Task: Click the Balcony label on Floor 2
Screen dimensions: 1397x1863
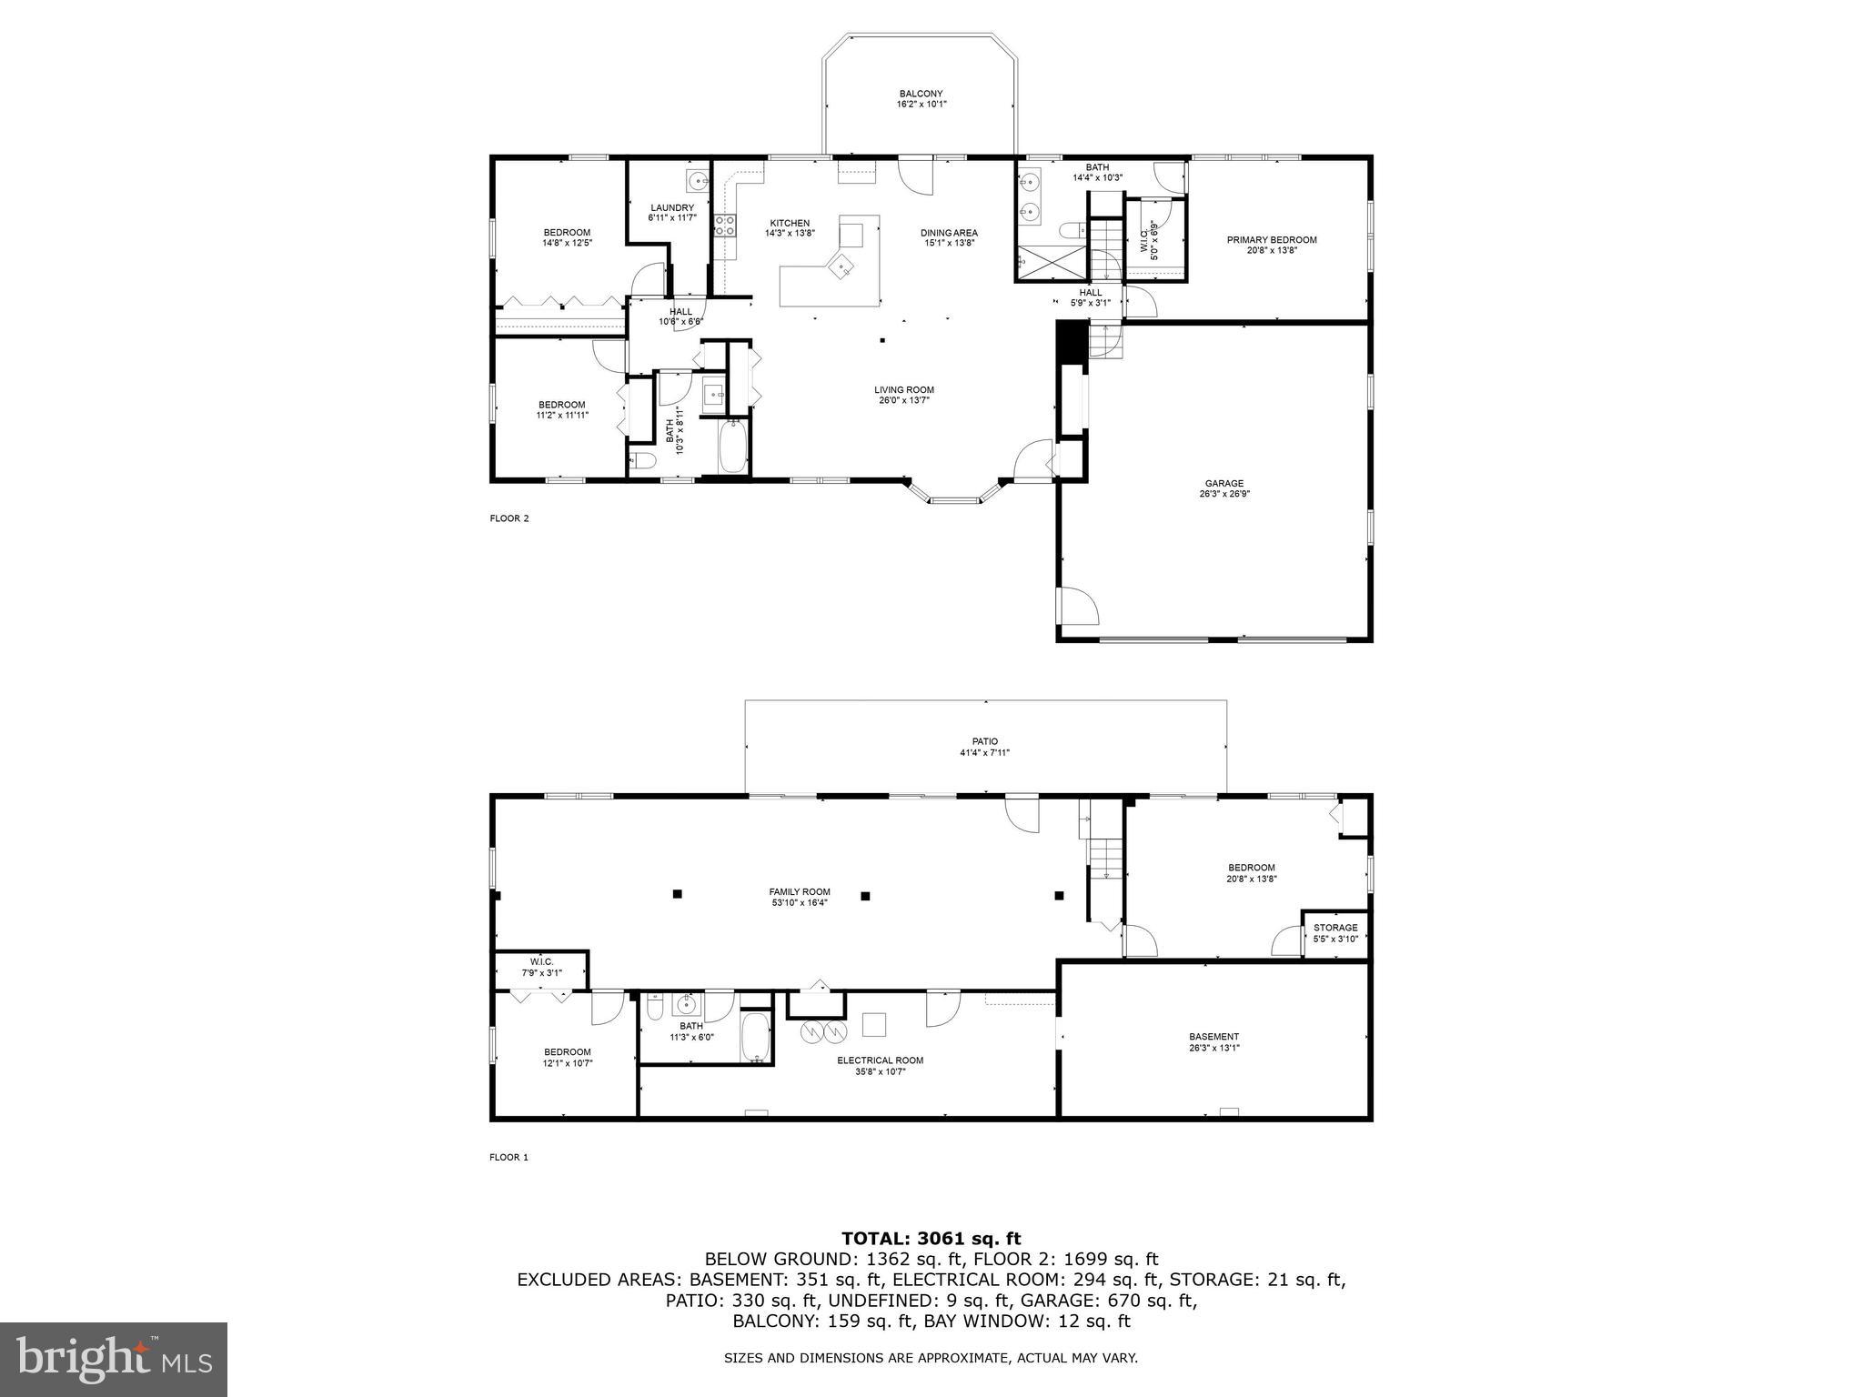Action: coord(921,94)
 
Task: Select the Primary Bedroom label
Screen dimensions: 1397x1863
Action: coord(1271,240)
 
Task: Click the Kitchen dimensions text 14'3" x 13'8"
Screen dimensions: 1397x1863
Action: coord(789,234)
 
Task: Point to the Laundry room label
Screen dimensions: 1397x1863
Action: coord(672,208)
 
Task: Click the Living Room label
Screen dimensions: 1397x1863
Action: coord(903,390)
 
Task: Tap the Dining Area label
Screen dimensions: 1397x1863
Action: coord(948,233)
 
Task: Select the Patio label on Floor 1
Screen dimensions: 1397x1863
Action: coord(984,741)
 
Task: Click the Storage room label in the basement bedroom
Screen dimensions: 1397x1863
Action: coord(1334,928)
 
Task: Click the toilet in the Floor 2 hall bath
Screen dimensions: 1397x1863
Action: coord(643,460)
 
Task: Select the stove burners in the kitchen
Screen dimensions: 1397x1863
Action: coord(725,225)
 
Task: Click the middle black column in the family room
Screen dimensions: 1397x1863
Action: coord(865,896)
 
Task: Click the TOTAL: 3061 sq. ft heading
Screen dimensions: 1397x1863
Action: coord(931,1238)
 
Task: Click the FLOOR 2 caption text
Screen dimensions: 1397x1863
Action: coord(509,518)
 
